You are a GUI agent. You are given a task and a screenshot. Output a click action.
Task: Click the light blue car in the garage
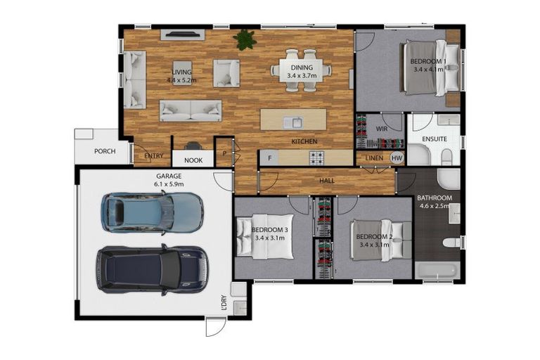[x=152, y=212]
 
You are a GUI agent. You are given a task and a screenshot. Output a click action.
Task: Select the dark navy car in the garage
[x=152, y=269]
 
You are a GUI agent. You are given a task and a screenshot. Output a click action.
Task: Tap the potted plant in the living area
[x=245, y=39]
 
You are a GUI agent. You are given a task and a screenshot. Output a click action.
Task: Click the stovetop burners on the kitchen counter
[x=317, y=157]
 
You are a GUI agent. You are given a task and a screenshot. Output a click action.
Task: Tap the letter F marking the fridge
[x=269, y=158]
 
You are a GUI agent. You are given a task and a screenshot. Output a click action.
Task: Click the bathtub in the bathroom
[x=437, y=271]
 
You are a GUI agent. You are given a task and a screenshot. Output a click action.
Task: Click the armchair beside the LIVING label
[x=226, y=72]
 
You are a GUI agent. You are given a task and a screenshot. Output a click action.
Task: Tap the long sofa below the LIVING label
[x=190, y=110]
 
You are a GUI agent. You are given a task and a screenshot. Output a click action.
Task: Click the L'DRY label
[x=224, y=304]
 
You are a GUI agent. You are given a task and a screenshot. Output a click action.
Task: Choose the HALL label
[x=327, y=180]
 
